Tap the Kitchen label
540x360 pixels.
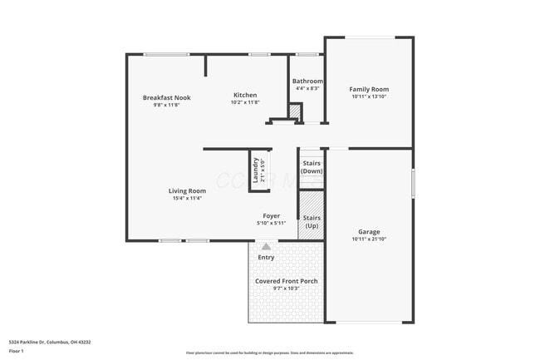tap(245, 95)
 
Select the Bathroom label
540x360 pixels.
tap(307, 81)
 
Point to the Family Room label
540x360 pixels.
tap(369, 89)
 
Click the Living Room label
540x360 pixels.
tap(187, 190)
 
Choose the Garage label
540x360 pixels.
tap(369, 231)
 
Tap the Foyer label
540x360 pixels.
tap(272, 215)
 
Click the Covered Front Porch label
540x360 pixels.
tap(286, 281)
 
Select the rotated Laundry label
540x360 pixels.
tap(256, 170)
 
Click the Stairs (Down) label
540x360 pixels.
tap(312, 167)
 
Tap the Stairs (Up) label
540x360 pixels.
tap(312, 222)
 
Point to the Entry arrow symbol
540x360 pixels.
tap(266, 246)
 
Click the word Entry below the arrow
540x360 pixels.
tap(266, 258)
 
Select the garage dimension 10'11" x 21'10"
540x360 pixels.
tap(369, 239)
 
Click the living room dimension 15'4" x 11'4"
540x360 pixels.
tap(187, 198)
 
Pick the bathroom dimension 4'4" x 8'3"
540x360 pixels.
tap(307, 89)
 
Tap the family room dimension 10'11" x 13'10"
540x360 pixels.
tap(369, 96)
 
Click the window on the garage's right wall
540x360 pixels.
tap(413, 183)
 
